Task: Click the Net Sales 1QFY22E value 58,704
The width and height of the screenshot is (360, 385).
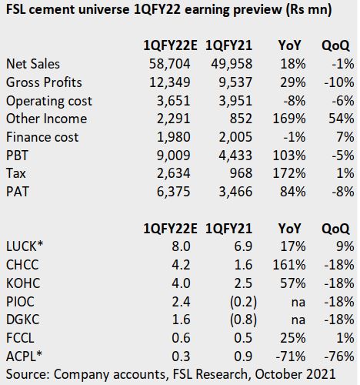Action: point(170,64)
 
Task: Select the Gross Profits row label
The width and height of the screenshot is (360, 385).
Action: point(44,82)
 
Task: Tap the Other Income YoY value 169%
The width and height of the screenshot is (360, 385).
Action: point(289,119)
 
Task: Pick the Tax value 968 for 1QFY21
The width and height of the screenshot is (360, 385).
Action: point(241,173)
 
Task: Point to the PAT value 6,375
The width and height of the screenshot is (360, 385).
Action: point(173,192)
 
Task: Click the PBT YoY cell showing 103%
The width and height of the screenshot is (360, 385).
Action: point(289,156)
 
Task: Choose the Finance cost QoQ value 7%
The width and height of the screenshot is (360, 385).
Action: point(345,137)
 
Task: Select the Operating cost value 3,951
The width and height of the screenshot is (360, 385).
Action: point(235,101)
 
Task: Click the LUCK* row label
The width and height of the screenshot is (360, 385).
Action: point(25,246)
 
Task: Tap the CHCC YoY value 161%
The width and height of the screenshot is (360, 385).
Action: point(289,265)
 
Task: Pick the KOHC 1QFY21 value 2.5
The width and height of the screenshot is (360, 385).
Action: point(243,283)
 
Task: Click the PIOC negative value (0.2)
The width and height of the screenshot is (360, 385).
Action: point(243,302)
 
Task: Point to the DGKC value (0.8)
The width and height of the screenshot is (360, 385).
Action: point(243,320)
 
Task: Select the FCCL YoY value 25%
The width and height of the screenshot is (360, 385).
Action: point(293,338)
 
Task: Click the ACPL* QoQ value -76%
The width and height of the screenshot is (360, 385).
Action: point(339,357)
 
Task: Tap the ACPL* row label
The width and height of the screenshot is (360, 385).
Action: point(24,357)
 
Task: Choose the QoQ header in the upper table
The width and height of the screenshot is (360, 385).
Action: point(335,45)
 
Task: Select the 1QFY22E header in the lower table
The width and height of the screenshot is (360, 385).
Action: point(170,229)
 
